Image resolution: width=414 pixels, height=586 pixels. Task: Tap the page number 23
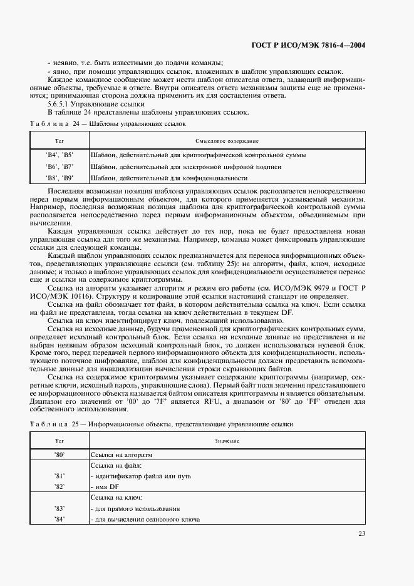[361, 533]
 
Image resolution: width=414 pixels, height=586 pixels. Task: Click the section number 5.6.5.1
[59, 103]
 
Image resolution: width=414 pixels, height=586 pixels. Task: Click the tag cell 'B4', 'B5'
[60, 155]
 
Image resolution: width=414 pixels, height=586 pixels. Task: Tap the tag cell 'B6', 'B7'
[60, 167]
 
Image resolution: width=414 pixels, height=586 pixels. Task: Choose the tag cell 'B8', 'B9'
[60, 178]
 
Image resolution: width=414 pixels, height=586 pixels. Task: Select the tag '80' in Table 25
[60, 455]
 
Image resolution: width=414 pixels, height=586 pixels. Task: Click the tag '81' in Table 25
[60, 476]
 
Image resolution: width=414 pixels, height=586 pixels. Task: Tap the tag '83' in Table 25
[60, 508]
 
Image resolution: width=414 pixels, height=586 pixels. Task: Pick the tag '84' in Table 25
[60, 519]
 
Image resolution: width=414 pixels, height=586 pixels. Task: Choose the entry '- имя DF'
[105, 486]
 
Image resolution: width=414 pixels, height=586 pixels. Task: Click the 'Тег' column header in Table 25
[60, 441]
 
